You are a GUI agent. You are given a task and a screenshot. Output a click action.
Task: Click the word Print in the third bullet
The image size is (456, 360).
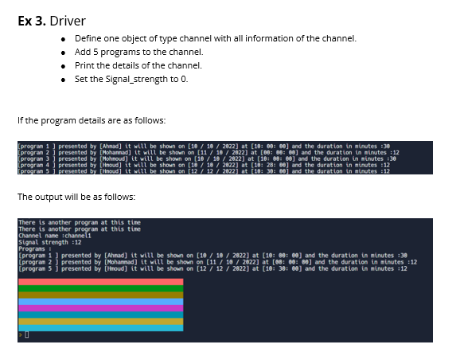pos(83,65)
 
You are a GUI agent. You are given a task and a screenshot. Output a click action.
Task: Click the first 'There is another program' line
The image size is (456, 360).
pos(68,222)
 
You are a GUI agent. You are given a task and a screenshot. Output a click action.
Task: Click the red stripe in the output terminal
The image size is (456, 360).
pos(100,282)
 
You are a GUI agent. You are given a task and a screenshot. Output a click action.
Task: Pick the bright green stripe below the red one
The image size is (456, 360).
pos(100,288)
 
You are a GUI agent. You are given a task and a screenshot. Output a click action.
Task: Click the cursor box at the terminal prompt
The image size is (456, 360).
pos(25,336)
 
